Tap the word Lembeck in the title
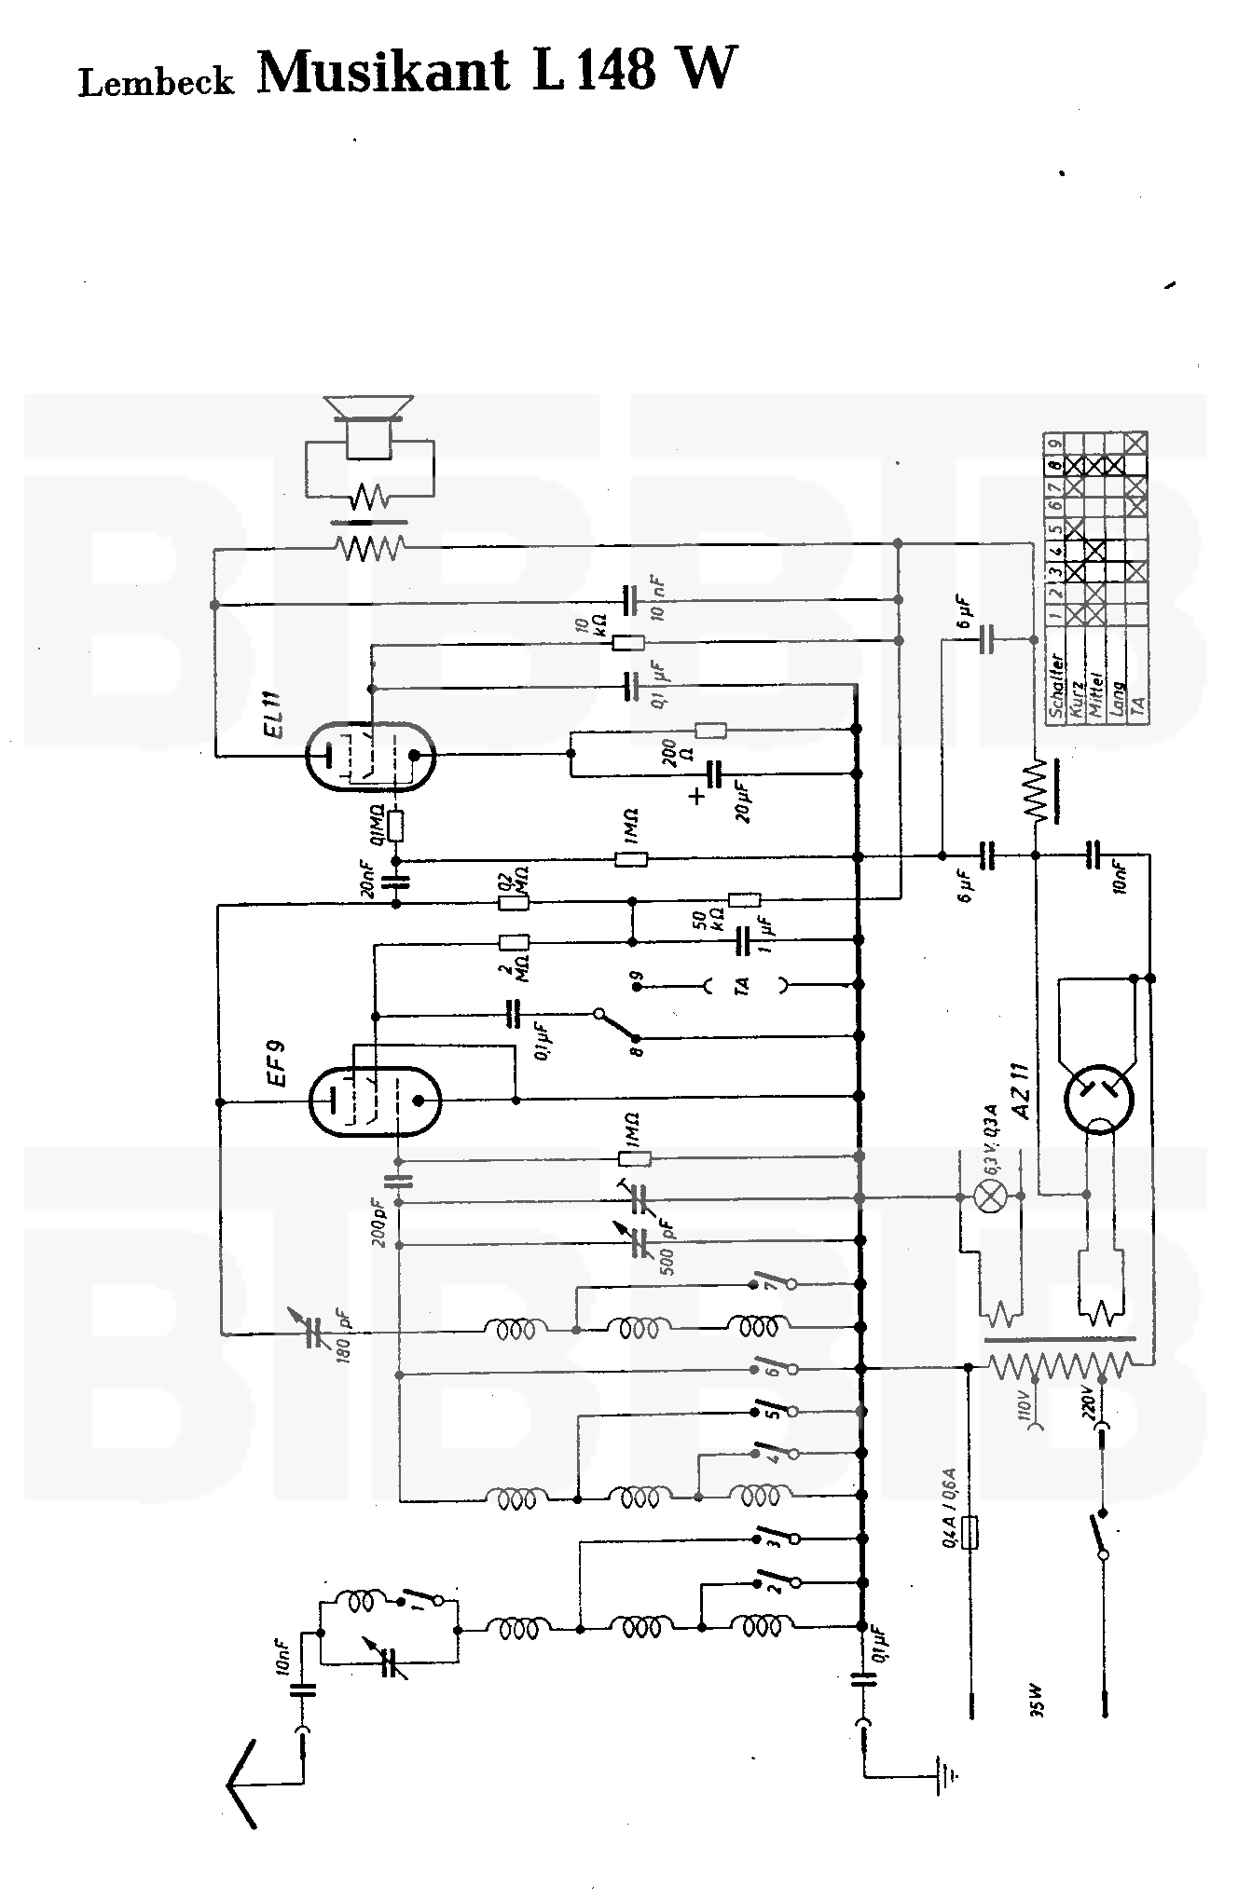point(156,82)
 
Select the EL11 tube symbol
point(371,756)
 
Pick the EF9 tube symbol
point(374,1101)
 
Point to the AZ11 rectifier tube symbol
point(1099,1100)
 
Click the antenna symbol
point(244,1785)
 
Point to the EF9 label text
point(275,1063)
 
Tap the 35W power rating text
point(1038,1703)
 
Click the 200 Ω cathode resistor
point(711,731)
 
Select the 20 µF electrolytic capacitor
point(715,774)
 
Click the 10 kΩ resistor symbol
point(627,642)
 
